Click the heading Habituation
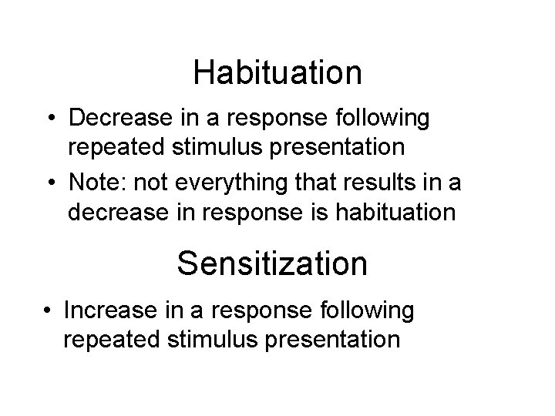[277, 72]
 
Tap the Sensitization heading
[272, 263]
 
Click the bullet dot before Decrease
[49, 120]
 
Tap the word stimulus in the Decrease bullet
[230, 146]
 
